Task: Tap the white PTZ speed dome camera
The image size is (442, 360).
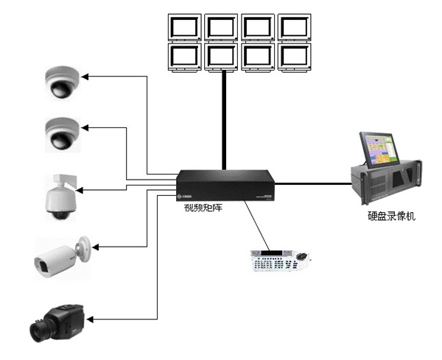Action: point(60,195)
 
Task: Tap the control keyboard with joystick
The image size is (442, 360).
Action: point(279,262)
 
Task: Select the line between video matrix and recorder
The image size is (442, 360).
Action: point(312,184)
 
